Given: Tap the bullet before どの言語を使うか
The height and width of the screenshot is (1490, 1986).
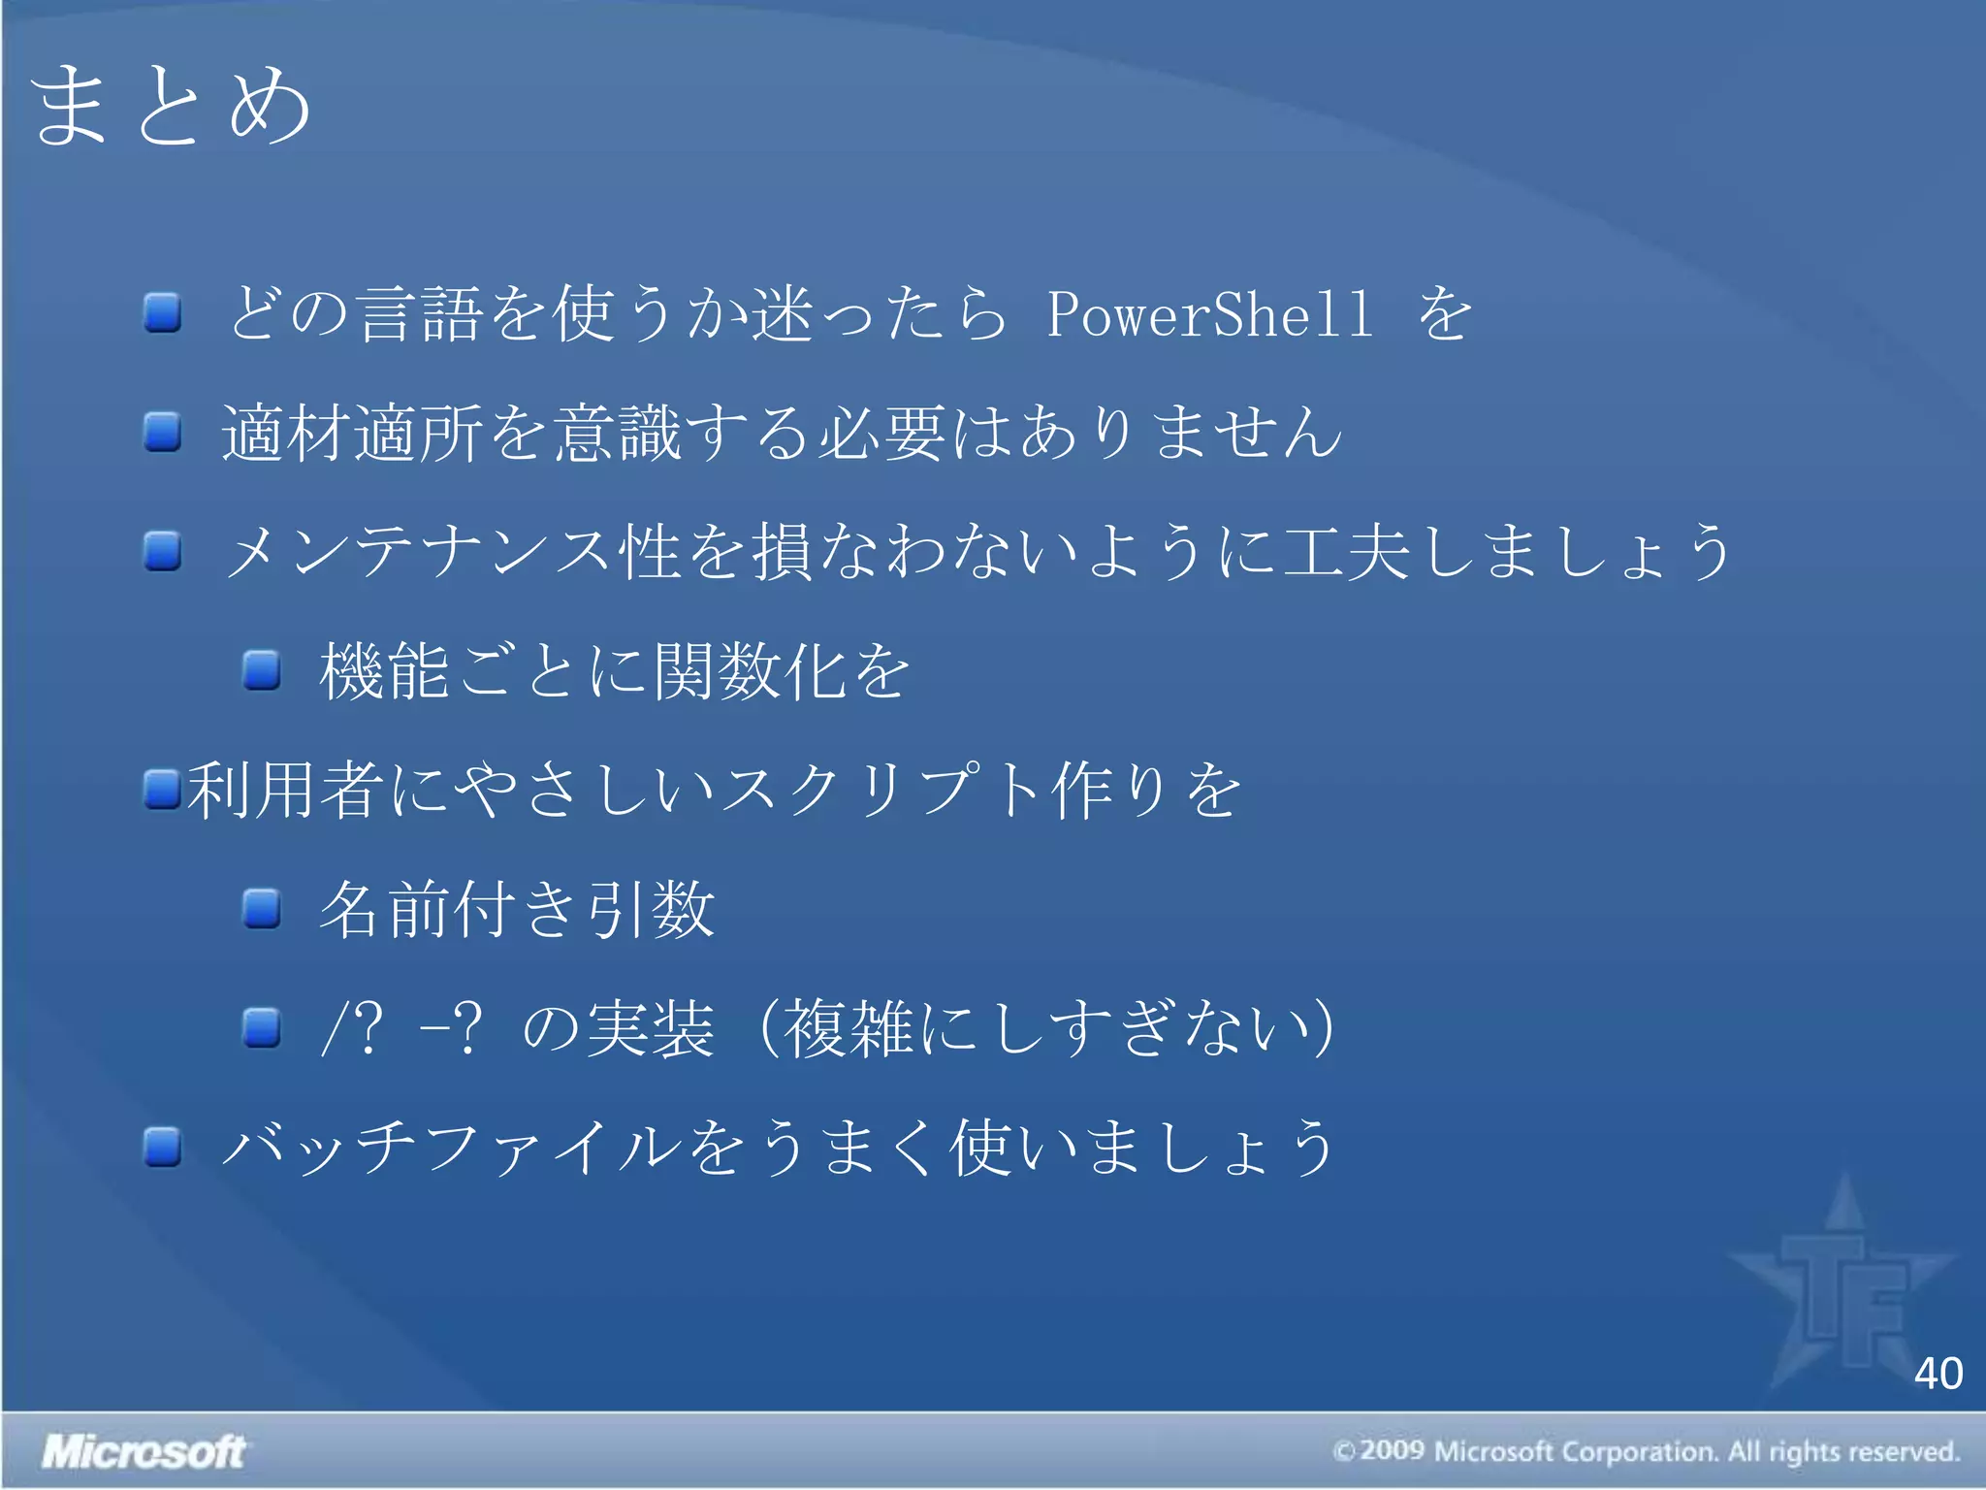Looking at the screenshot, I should tap(163, 313).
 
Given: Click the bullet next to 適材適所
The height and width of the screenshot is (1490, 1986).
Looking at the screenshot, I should tap(163, 432).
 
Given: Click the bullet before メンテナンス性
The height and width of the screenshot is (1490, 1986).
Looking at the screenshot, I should tap(163, 551).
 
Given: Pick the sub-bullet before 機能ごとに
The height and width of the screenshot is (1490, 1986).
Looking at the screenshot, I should tap(262, 670).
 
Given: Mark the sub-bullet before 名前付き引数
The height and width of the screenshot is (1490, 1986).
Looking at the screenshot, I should tap(262, 909).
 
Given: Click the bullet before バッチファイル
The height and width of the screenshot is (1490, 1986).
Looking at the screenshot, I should tap(163, 1147).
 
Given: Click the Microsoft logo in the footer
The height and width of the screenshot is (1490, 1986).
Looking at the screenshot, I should tap(144, 1451).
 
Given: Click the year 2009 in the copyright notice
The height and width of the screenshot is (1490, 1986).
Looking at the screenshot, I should tap(1391, 1451).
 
